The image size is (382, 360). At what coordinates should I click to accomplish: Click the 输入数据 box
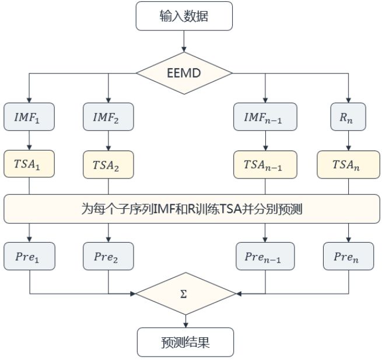(x=184, y=16)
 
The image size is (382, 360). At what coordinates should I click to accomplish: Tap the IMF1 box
(x=29, y=117)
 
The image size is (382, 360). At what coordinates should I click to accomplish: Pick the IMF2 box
(x=108, y=117)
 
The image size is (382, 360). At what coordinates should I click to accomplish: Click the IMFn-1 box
(x=265, y=117)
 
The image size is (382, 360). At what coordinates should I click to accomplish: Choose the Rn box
(x=348, y=117)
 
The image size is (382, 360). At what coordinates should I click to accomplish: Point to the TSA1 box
(x=29, y=165)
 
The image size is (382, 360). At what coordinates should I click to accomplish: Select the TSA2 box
(x=108, y=165)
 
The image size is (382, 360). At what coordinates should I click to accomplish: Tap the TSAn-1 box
(x=265, y=165)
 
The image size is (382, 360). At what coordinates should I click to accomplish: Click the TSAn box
(x=348, y=165)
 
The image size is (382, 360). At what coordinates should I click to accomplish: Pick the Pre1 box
(x=29, y=256)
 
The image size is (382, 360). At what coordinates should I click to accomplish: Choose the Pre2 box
(x=108, y=256)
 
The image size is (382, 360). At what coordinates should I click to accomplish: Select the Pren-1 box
(x=265, y=256)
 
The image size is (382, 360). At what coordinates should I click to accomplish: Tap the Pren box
(x=348, y=256)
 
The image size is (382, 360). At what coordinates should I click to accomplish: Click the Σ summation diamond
(x=184, y=293)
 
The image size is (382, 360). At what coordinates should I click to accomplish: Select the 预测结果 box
(x=184, y=341)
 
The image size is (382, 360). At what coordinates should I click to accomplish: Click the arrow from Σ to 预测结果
(x=184, y=320)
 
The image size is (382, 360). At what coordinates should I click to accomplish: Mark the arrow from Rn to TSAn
(x=348, y=140)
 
